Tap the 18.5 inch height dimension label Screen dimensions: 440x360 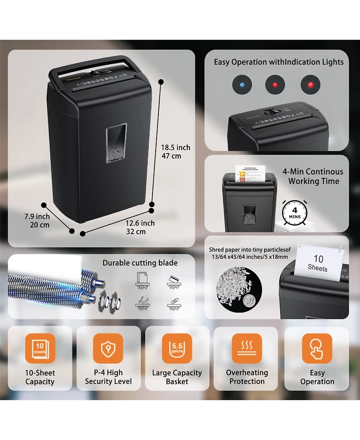(175, 152)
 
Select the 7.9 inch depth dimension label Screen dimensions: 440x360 (37, 221)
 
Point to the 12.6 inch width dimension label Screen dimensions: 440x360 (140, 227)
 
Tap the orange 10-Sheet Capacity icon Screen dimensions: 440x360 (40, 348)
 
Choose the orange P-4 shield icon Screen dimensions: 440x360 (108, 348)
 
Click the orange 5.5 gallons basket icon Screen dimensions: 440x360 (177, 348)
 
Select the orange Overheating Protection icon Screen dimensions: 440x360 (247, 348)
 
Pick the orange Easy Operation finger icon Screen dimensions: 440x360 (317, 348)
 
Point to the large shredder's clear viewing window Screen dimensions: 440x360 (116, 143)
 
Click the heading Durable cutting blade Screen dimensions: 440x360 (140, 263)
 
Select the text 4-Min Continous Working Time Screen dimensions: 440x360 (313, 177)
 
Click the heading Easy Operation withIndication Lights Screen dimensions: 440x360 (279, 62)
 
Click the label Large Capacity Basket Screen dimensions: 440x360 (177, 377)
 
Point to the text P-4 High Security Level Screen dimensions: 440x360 (108, 377)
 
